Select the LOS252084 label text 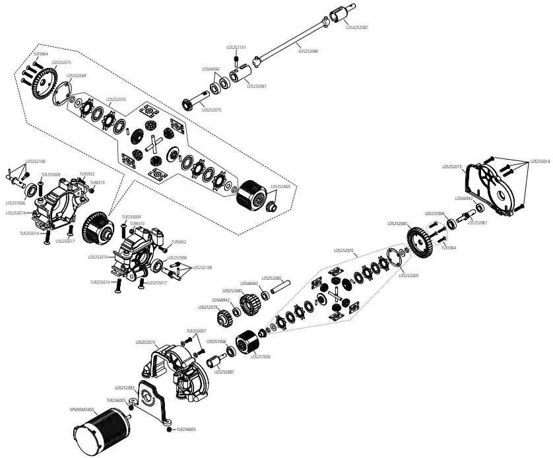pyautogui.click(x=308, y=51)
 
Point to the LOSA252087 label pyautogui.click(x=357, y=27)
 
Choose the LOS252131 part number pyautogui.click(x=236, y=47)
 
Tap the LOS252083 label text pyautogui.click(x=125, y=388)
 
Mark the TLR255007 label pyautogui.click(x=197, y=331)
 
